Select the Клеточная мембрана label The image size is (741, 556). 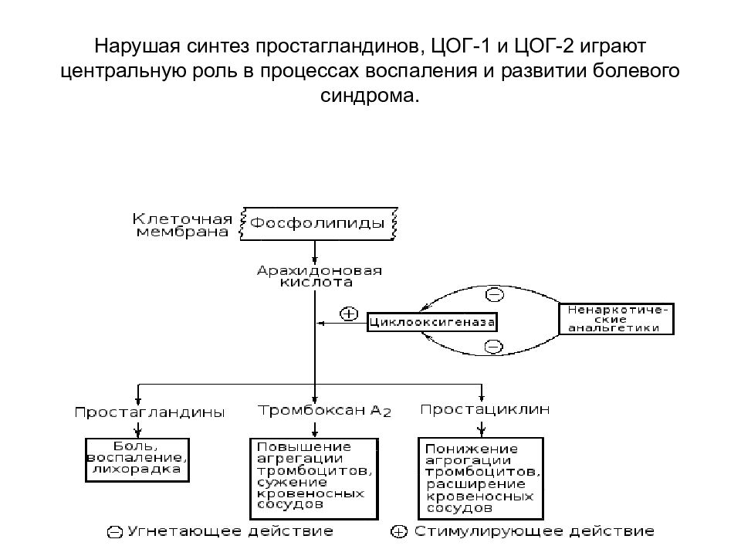click(183, 223)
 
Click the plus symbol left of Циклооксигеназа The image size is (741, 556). click(349, 314)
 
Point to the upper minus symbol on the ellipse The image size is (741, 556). click(494, 293)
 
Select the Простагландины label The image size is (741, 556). click(150, 412)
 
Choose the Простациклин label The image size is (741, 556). click(486, 409)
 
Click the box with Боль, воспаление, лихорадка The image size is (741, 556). click(135, 457)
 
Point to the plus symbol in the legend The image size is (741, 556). click(399, 531)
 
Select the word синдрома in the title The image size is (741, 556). click(370, 96)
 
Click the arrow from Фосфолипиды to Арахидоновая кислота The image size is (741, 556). click(315, 252)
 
